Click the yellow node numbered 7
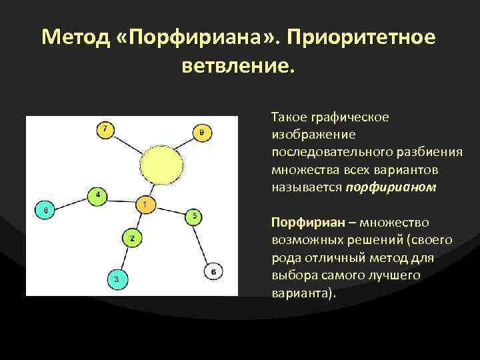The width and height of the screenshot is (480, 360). (105, 129)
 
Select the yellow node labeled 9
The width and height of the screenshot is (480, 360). (203, 133)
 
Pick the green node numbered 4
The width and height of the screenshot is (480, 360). (97, 195)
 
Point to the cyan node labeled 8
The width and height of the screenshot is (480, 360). (45, 211)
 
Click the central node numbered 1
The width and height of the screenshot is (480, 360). (145, 203)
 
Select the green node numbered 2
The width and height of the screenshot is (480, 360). (132, 238)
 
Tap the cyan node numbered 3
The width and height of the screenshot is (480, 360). (116, 279)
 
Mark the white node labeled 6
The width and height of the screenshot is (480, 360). (213, 272)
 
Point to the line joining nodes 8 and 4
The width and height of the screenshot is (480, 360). (71, 203)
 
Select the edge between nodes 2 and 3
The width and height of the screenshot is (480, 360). (124, 259)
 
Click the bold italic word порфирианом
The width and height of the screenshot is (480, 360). (391, 187)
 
